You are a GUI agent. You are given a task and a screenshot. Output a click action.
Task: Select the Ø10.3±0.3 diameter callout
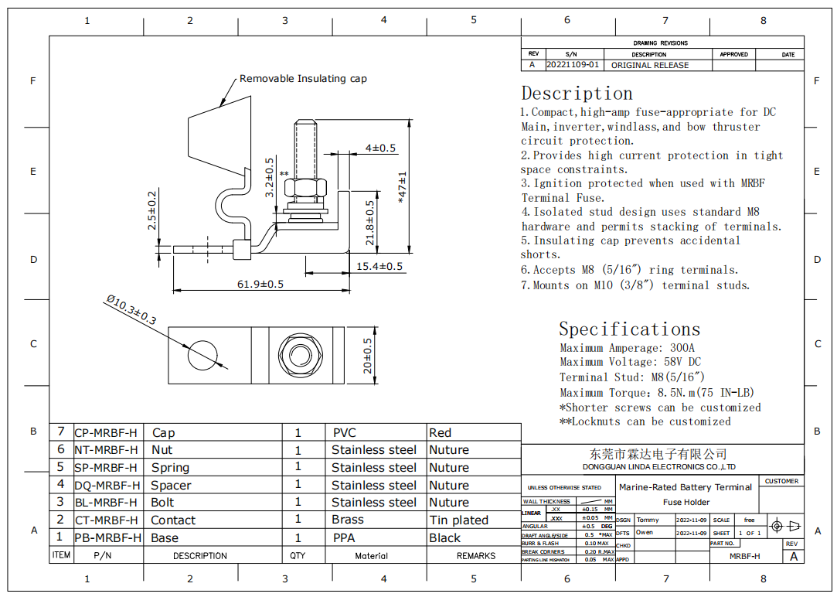131,309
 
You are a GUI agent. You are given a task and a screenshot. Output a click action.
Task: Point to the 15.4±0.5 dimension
379,267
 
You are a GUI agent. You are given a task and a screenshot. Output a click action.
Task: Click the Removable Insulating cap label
303,79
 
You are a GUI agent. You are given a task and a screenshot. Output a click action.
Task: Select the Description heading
577,94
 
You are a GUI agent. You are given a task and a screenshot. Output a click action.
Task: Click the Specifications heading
629,329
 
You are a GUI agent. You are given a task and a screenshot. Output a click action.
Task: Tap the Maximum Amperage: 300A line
627,348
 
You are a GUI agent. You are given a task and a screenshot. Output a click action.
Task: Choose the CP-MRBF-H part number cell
106,433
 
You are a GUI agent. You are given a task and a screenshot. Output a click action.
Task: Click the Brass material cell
348,520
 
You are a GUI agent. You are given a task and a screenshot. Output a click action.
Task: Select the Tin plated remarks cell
459,520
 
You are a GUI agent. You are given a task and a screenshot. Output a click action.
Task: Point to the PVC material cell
345,433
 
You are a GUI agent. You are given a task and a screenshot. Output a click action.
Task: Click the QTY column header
298,555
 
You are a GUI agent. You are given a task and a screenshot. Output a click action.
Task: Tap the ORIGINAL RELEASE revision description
649,66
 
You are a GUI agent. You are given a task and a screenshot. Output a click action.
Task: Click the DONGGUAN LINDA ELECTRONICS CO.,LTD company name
658,467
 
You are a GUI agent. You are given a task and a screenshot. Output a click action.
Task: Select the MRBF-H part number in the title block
745,556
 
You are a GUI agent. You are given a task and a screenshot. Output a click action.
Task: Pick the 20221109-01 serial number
573,65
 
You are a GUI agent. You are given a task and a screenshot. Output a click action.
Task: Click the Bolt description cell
163,503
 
